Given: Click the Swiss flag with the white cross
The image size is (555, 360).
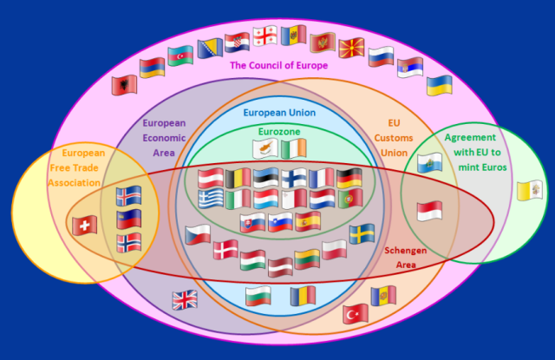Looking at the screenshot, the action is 85,226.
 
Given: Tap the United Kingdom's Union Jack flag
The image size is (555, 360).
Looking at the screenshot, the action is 185,300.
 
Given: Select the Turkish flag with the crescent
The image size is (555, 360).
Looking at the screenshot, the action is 356,314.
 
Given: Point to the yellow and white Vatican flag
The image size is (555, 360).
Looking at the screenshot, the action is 530,191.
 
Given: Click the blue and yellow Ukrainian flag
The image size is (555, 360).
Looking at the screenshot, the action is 440,85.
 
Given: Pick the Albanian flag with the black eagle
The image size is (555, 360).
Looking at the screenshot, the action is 124,85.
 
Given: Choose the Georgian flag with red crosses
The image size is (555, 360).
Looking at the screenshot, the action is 265,36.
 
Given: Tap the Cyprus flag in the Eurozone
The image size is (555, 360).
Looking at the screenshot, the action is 265,148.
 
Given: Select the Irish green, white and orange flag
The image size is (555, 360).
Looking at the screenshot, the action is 293,148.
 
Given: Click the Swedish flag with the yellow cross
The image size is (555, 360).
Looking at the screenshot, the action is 362,233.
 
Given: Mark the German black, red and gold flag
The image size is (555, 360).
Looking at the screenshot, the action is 349,178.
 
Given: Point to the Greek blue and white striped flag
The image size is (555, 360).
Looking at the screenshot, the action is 211,199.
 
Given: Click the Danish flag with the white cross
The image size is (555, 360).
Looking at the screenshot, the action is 225,250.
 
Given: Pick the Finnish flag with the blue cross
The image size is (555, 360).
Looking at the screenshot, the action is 294,178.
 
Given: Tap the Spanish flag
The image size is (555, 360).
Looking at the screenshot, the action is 308,221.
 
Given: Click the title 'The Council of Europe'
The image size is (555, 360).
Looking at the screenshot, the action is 279,65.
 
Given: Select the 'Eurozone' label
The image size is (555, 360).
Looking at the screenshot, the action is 279,132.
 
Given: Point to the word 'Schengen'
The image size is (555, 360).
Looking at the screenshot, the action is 406,251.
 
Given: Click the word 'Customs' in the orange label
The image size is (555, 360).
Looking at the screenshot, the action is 394,138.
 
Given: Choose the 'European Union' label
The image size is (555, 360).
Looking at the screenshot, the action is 279,113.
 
